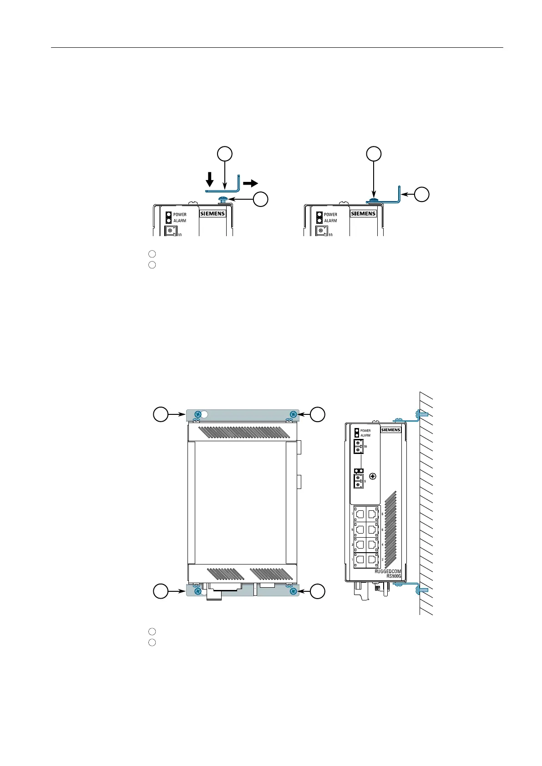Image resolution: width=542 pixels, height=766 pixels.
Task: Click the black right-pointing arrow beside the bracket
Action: click(x=250, y=183)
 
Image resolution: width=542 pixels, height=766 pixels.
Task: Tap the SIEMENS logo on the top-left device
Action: click(x=213, y=213)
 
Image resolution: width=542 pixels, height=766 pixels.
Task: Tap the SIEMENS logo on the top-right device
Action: click(x=363, y=213)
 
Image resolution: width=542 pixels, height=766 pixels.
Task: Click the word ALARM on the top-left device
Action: click(x=180, y=221)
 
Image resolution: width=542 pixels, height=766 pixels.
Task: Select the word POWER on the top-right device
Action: click(x=331, y=214)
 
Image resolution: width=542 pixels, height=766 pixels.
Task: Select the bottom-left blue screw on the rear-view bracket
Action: click(x=197, y=591)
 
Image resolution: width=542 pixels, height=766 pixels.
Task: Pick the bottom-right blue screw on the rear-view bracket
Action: click(x=293, y=591)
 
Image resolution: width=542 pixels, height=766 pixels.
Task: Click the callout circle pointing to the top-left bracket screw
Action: click(x=160, y=414)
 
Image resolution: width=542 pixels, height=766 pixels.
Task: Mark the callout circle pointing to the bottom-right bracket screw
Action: click(x=318, y=591)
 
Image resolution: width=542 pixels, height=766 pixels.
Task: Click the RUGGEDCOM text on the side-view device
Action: click(x=388, y=571)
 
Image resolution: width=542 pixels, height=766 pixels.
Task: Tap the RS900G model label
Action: click(x=394, y=576)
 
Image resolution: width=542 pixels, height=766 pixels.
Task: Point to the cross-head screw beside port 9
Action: click(x=373, y=477)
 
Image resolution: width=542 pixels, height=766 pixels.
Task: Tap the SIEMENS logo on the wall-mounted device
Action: click(x=390, y=430)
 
